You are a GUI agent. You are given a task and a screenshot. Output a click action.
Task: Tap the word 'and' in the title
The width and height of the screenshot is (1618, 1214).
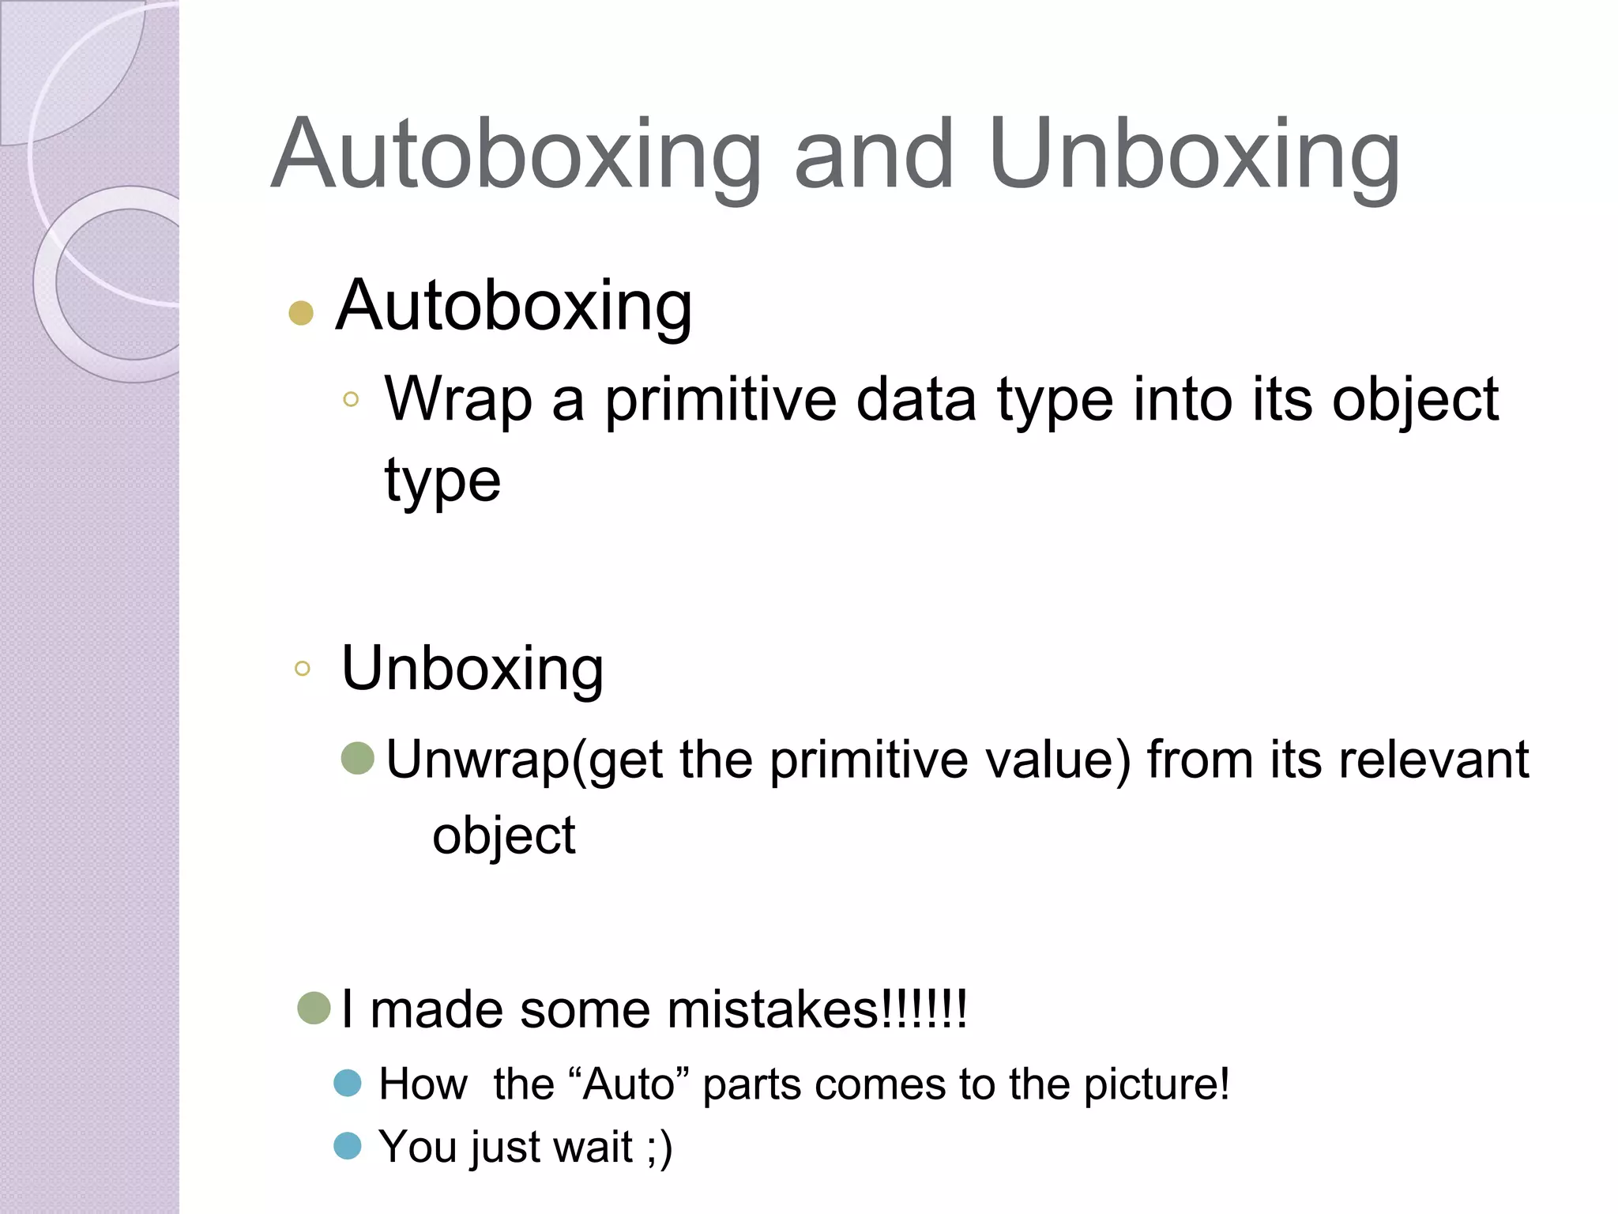[x=874, y=155]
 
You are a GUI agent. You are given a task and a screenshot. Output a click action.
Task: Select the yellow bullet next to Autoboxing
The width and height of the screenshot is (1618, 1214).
[x=301, y=313]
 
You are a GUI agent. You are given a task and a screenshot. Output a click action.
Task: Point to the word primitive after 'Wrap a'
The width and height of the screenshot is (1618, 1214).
[x=720, y=400]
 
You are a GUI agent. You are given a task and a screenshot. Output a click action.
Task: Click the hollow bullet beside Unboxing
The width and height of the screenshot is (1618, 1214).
[x=302, y=669]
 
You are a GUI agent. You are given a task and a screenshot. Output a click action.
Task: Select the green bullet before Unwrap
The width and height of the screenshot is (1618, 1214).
[x=357, y=758]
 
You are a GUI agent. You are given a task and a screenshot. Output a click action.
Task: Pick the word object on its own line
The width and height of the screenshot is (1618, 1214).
[x=503, y=836]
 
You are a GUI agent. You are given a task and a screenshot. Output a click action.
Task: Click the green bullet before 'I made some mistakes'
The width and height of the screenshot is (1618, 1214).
[x=314, y=1008]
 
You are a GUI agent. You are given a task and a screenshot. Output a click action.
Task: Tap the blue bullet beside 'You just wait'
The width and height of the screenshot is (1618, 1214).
[x=348, y=1145]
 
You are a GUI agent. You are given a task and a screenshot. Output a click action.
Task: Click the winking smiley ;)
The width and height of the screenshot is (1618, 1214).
[x=659, y=1147]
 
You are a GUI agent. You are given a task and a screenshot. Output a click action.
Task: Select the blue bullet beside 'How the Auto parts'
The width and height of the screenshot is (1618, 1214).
[x=348, y=1083]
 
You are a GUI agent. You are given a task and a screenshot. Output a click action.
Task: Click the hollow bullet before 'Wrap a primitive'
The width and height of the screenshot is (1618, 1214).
[x=351, y=400]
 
